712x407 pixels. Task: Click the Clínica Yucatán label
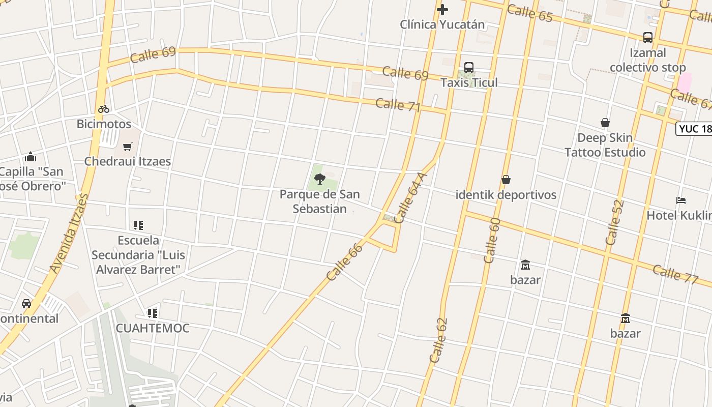click(442, 24)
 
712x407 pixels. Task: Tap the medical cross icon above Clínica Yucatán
click(442, 9)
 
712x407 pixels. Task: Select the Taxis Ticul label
click(469, 82)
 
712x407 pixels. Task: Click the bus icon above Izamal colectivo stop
click(647, 38)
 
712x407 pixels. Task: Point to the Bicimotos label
click(104, 124)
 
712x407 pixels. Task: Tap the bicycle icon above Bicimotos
click(104, 109)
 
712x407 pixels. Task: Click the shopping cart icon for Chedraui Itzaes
click(128, 147)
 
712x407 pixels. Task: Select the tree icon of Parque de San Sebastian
click(320, 179)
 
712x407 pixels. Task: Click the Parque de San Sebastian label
click(320, 201)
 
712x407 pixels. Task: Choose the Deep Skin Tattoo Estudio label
click(605, 145)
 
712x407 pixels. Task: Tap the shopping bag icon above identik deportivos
click(506, 180)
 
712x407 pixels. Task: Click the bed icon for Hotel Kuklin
click(681, 200)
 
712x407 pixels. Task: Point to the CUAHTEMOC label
click(153, 328)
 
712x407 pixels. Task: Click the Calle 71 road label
click(398, 105)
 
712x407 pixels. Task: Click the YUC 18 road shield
click(695, 129)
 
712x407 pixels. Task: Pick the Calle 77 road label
click(675, 274)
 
